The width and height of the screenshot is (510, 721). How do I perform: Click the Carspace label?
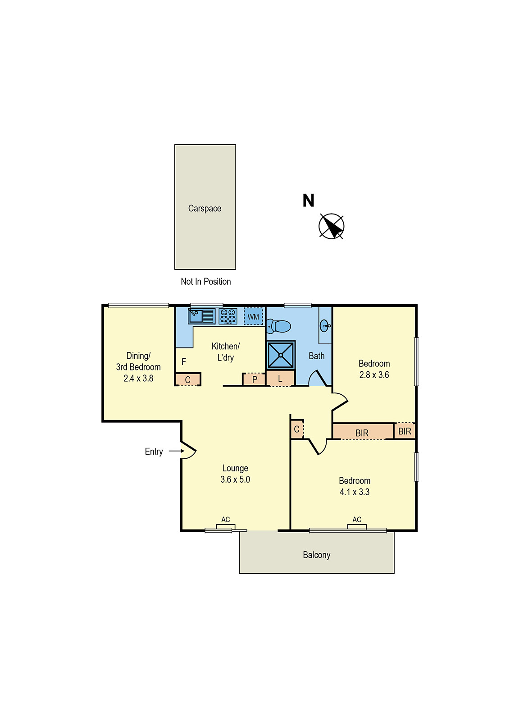coord(205,209)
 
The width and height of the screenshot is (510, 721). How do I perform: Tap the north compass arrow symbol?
coord(332,226)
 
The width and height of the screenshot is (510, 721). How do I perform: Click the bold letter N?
coord(308,201)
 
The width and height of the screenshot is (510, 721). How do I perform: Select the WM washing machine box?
coord(253,317)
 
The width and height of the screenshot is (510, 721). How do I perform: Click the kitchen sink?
coord(202,316)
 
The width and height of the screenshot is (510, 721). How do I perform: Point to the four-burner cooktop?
coord(228,316)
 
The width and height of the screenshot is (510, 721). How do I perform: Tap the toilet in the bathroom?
coord(278,326)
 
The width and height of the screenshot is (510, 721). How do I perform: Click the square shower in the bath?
coord(281,355)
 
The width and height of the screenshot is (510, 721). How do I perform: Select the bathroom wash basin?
coord(325,326)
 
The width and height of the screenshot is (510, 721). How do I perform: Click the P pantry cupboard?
coord(254,379)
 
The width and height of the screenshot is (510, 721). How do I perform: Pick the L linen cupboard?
coord(280,379)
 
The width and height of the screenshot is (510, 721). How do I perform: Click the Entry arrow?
coord(176,451)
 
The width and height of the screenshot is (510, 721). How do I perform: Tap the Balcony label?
coord(317,555)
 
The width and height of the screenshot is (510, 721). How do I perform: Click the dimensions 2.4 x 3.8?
coord(138,378)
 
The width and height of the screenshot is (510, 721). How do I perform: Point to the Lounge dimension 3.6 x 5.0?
coord(235,479)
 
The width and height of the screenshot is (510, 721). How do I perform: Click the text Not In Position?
coord(205,282)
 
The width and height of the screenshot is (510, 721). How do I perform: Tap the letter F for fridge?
coord(184,362)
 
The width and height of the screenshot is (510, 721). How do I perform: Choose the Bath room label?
coord(317,356)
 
